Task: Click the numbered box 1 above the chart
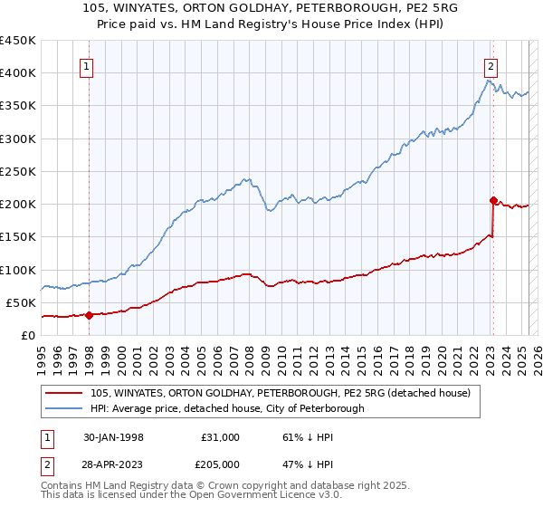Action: tap(87, 65)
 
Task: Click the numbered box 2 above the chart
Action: tap(490, 65)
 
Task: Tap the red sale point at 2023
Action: tap(493, 200)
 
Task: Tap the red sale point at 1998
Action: tap(90, 315)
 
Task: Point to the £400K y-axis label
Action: tap(17, 73)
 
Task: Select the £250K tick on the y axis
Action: tap(17, 171)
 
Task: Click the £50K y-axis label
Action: tap(21, 302)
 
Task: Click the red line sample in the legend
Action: tap(65, 394)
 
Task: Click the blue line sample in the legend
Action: tap(65, 408)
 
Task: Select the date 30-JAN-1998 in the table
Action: tap(113, 437)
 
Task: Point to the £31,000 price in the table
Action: tap(221, 437)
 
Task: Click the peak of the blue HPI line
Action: tap(487, 81)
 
